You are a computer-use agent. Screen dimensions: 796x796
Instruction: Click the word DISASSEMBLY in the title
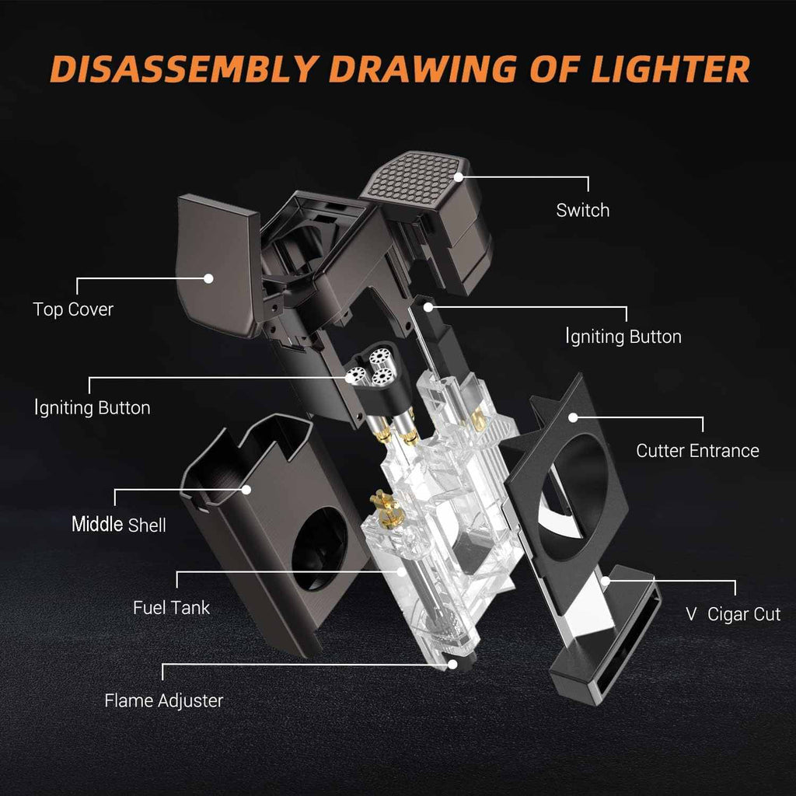tap(185, 69)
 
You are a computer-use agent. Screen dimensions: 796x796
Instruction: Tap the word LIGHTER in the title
tap(670, 69)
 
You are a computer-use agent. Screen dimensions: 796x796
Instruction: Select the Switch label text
tap(583, 210)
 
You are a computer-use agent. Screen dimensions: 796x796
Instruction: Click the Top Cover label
tap(73, 309)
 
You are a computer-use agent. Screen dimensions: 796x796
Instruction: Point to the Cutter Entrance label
tap(697, 451)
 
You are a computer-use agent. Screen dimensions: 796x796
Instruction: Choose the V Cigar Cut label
tap(733, 614)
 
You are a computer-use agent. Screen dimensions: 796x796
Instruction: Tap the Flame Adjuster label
tap(164, 700)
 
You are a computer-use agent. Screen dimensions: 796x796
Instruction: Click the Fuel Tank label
tap(172, 608)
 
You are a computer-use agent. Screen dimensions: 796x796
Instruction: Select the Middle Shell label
tap(119, 525)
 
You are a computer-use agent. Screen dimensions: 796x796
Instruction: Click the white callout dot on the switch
tap(459, 177)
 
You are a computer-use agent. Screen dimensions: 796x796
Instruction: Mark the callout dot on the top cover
tap(208, 278)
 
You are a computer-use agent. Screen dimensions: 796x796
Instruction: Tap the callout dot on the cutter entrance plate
tap(573, 417)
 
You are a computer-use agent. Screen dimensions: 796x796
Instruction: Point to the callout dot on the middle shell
tap(246, 490)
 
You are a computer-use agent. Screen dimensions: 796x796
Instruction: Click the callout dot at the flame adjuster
tap(452, 664)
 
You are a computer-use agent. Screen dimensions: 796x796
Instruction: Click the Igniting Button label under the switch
tap(623, 337)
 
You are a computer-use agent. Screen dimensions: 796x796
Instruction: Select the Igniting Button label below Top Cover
tap(93, 408)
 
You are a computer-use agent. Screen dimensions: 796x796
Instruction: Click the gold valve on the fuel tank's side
tap(386, 509)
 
